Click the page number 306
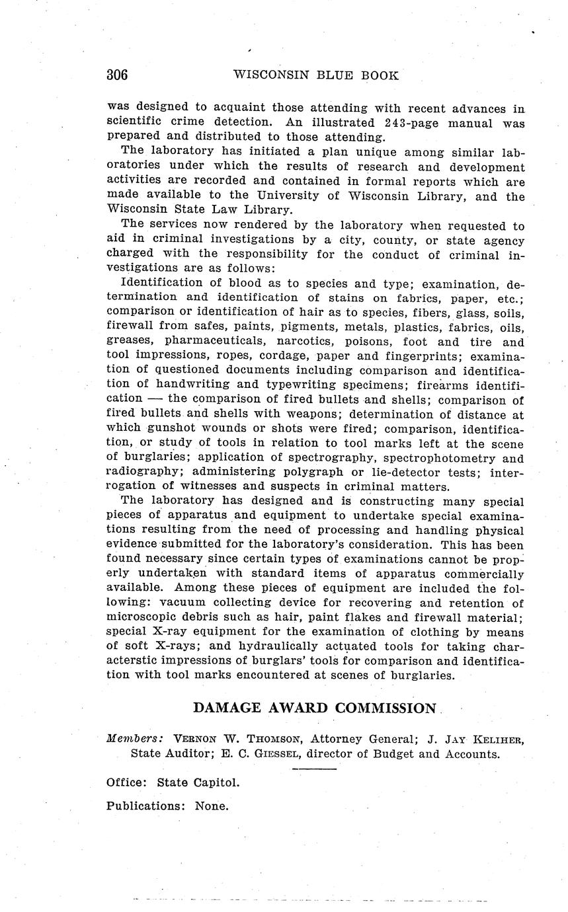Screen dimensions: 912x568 (117, 75)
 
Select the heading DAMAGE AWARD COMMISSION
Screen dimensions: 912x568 (315, 708)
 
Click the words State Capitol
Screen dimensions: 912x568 (198, 782)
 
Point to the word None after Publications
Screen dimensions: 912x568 (211, 806)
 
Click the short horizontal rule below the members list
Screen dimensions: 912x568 (314, 769)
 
